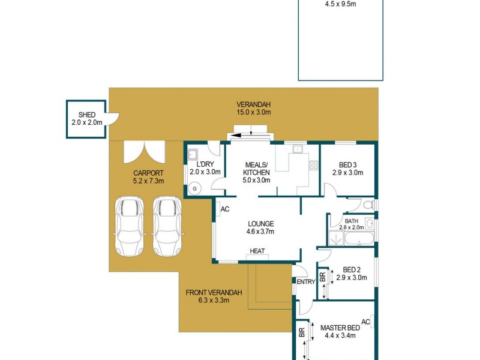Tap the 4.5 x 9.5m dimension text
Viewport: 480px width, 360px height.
point(340,4)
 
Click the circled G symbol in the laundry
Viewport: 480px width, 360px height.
point(194,188)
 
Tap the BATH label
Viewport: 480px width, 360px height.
point(351,221)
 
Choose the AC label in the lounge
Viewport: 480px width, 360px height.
point(225,209)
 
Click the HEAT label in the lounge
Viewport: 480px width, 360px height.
point(257,251)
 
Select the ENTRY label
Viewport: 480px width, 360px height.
point(306,282)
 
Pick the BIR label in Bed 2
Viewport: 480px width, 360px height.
point(323,277)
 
